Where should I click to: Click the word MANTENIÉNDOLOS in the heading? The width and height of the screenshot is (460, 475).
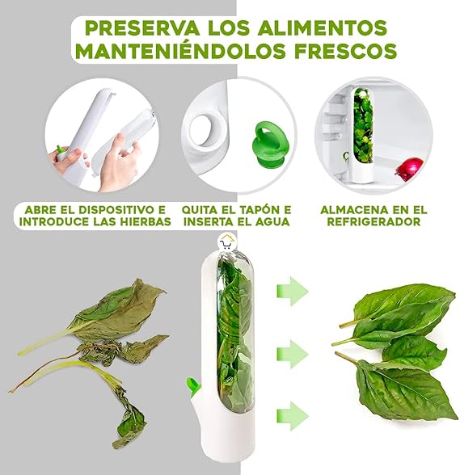pos(173,53)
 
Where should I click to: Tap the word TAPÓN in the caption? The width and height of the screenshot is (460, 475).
pos(251,209)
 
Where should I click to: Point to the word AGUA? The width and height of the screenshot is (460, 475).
pos(268,221)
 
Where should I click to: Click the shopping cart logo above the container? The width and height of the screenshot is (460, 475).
pos(228,241)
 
